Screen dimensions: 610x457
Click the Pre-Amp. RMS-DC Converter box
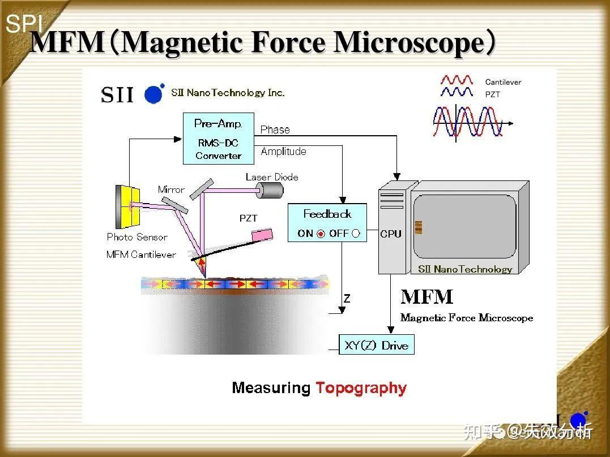pyautogui.click(x=219, y=139)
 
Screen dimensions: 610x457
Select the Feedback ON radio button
pyautogui.click(x=321, y=234)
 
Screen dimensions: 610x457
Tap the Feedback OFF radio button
pyautogui.click(x=356, y=234)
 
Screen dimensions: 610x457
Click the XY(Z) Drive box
pyautogui.click(x=377, y=344)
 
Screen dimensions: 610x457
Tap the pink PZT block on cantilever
pyautogui.click(x=263, y=235)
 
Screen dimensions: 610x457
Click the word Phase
pyautogui.click(x=275, y=130)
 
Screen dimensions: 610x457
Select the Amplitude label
pyautogui.click(x=284, y=151)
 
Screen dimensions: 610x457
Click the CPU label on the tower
pyautogui.click(x=391, y=234)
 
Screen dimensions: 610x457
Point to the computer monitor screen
pyautogui.click(x=465, y=227)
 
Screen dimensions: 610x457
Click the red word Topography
pyautogui.click(x=361, y=388)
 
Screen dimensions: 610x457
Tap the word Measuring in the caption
pyautogui.click(x=271, y=388)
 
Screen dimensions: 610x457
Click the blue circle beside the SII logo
pyautogui.click(x=153, y=94)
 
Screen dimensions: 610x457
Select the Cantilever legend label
pyautogui.click(x=503, y=82)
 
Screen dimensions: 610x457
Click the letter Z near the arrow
pyautogui.click(x=347, y=299)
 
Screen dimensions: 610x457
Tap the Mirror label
pyautogui.click(x=171, y=189)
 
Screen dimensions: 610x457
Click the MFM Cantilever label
pyautogui.click(x=141, y=255)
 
